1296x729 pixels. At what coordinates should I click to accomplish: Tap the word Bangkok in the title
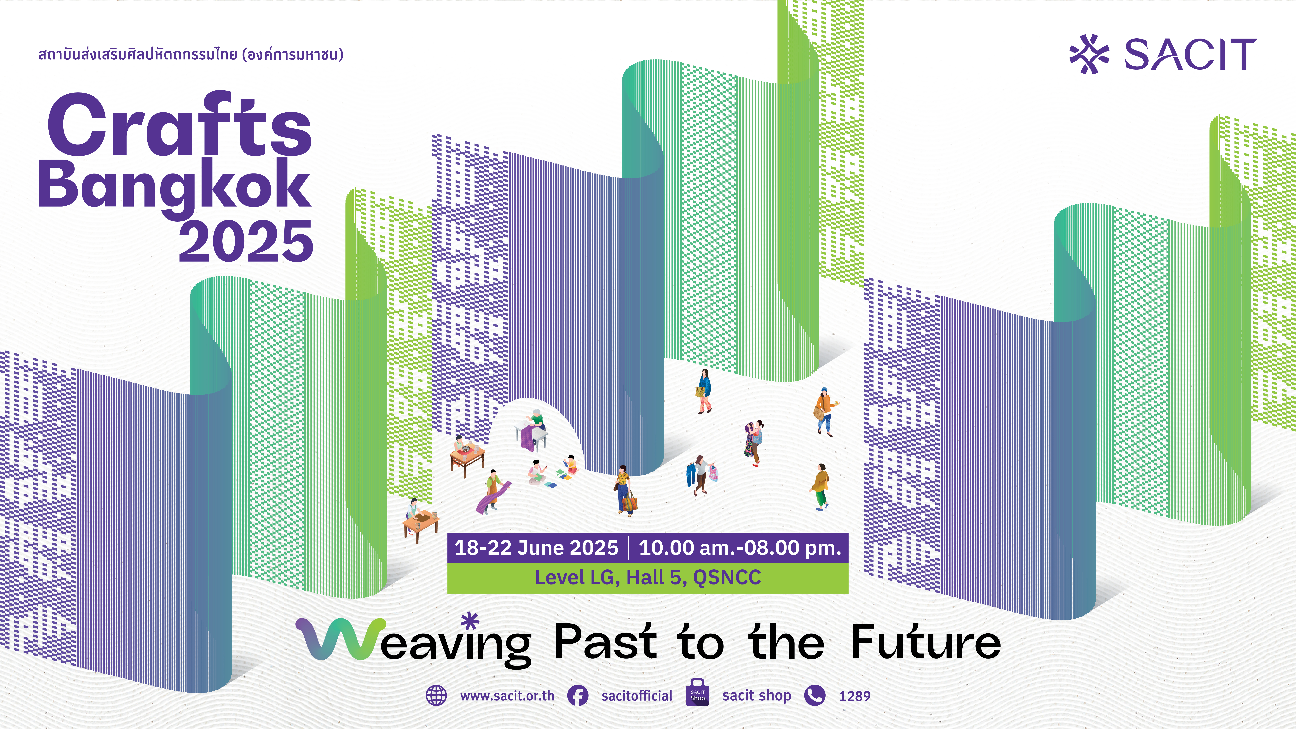tap(175, 187)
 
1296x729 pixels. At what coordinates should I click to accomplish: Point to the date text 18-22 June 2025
tap(536, 547)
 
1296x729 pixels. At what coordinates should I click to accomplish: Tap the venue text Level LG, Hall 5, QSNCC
tap(648, 577)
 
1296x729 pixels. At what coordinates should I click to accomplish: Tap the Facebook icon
tap(578, 696)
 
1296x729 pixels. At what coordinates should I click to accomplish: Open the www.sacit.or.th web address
tap(507, 696)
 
